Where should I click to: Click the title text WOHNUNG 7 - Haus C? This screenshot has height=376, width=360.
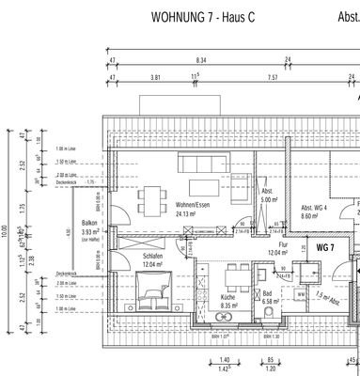[x=209, y=18]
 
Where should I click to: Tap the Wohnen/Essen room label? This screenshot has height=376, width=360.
[x=191, y=204]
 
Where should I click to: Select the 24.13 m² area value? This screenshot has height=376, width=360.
[x=191, y=213]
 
